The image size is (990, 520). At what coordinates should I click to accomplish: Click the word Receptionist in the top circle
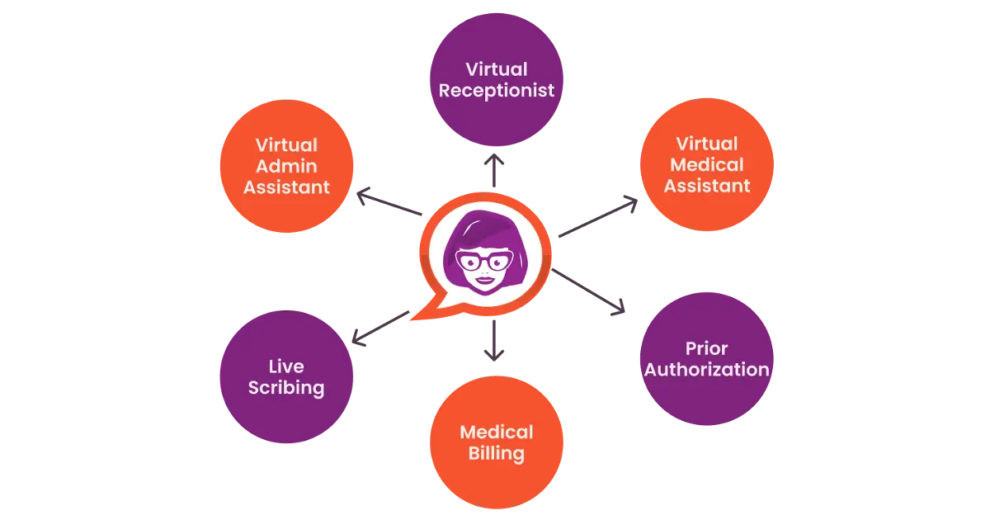pos(496,90)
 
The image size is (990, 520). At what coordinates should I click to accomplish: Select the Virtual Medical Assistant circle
pos(706,164)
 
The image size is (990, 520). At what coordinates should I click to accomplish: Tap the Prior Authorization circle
pos(706,359)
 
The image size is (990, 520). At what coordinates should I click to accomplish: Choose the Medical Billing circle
pos(496,443)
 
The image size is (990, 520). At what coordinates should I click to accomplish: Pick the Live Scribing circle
pos(286,377)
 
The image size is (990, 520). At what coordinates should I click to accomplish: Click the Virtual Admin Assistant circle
pos(286,166)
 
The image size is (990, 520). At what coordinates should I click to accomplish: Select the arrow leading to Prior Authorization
pos(590,291)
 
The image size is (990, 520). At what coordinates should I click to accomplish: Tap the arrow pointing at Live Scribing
pos(379,326)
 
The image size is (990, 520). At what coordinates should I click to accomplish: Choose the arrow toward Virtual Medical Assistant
pos(598,217)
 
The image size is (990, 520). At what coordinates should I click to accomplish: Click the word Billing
pos(496,454)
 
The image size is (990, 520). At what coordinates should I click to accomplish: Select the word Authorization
pos(706,370)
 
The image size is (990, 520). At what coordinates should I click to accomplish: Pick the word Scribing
pos(286,388)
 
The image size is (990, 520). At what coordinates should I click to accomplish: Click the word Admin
pos(286,166)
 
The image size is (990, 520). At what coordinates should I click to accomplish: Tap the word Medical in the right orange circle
pos(706,164)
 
